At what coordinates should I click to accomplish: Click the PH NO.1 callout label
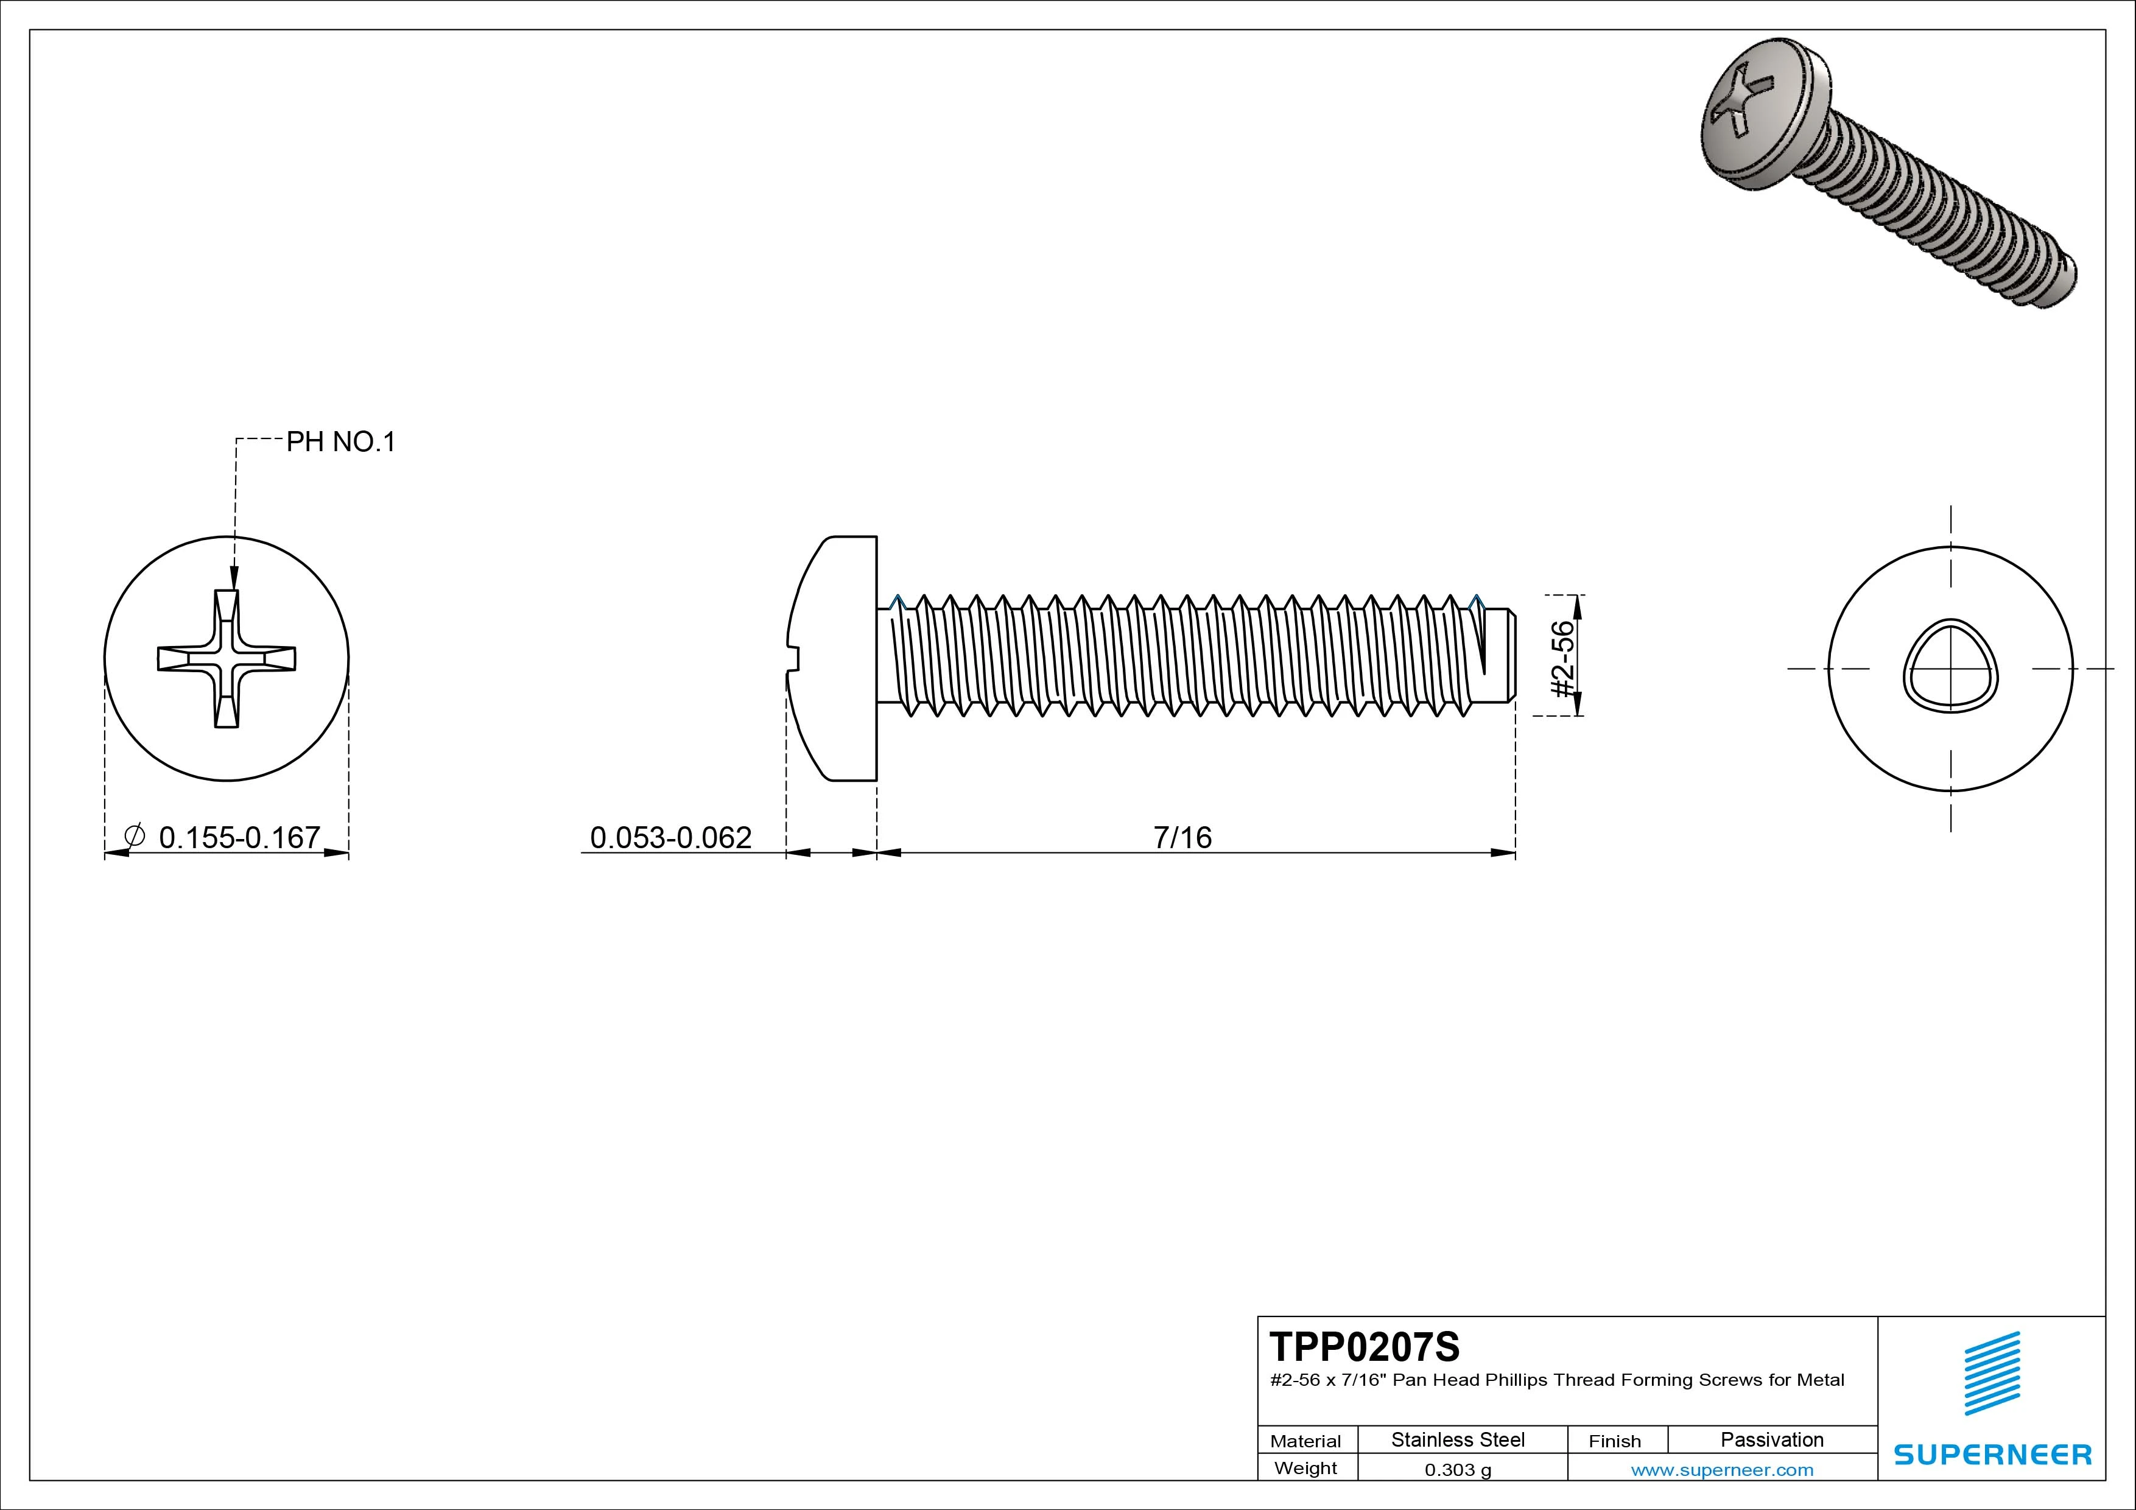[340, 442]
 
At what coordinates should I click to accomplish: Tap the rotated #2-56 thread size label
[1564, 659]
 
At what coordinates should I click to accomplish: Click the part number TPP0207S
[1364, 1346]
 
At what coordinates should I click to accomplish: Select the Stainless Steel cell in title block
[1457, 1439]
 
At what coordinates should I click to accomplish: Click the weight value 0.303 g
[1457, 1470]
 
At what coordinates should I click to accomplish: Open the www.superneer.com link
[1721, 1470]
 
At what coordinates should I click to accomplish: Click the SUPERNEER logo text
[1992, 1454]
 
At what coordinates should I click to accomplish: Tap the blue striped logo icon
[1992, 1373]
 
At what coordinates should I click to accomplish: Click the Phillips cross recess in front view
[227, 659]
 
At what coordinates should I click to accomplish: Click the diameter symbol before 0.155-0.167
[134, 835]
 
